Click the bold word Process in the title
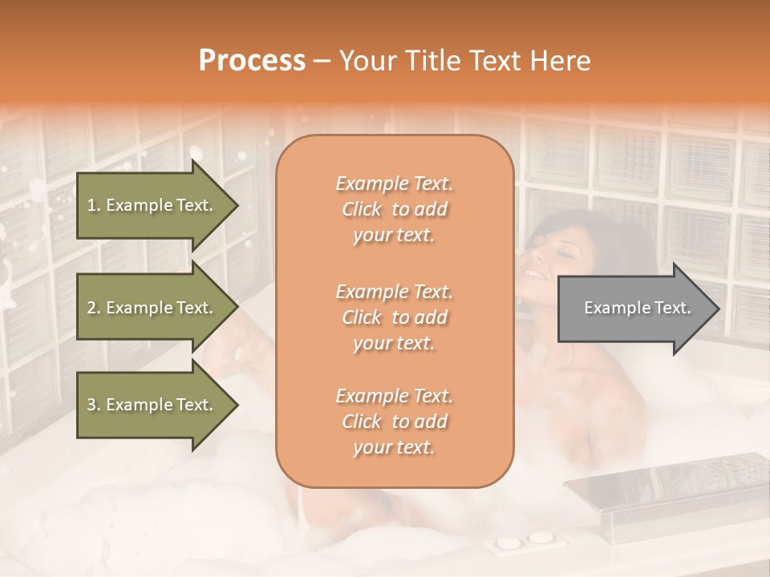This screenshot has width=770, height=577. pyautogui.click(x=252, y=61)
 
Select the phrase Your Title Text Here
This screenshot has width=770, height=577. pyautogui.click(x=464, y=61)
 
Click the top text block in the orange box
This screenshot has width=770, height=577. pyautogui.click(x=394, y=209)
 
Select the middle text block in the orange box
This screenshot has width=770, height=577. pyautogui.click(x=394, y=317)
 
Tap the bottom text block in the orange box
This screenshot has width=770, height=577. pyautogui.click(x=394, y=422)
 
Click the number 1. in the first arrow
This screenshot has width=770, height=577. pyautogui.click(x=94, y=205)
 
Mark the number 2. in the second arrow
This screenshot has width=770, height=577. pyautogui.click(x=94, y=308)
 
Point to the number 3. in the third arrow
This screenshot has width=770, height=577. pyautogui.click(x=94, y=405)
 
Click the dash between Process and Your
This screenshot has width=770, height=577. pyautogui.click(x=322, y=62)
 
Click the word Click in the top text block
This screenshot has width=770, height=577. pyautogui.click(x=363, y=209)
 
